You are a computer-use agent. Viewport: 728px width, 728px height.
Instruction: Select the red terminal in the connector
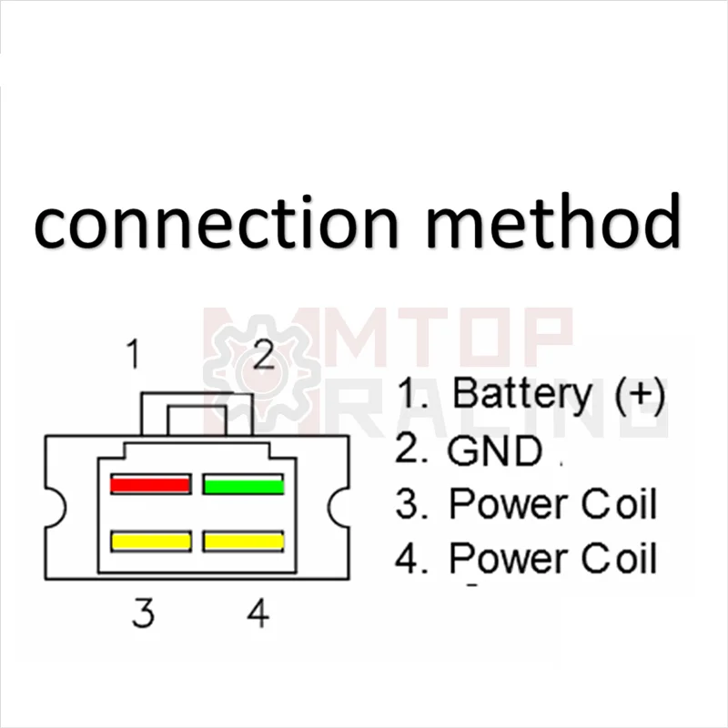[150, 484]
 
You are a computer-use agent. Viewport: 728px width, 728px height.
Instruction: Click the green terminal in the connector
[243, 484]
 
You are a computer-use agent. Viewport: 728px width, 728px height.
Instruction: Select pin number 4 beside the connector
[258, 614]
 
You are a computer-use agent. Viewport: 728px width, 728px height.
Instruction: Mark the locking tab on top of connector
[197, 409]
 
